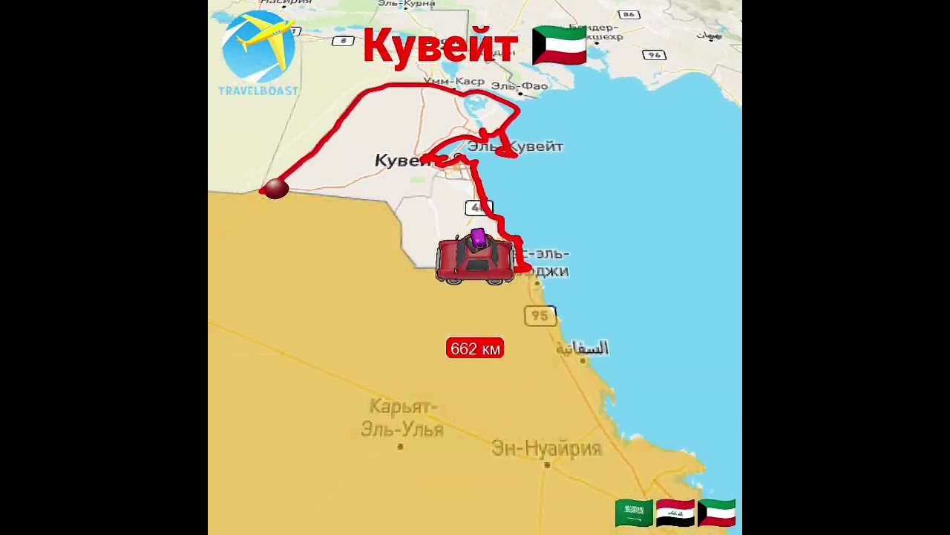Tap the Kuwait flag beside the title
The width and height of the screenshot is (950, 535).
click(x=560, y=46)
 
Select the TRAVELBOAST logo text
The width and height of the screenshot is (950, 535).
click(x=258, y=91)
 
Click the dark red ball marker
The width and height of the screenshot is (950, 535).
click(x=276, y=189)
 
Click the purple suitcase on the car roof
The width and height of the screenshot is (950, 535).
click(x=478, y=239)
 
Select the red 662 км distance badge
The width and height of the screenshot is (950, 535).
click(x=475, y=348)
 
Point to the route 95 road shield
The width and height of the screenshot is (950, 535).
click(x=540, y=316)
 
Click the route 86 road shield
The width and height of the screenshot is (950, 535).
click(x=629, y=14)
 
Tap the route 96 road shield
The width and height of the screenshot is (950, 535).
click(x=654, y=55)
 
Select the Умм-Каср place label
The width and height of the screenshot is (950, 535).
click(x=454, y=81)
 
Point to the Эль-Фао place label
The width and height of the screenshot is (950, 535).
click(x=520, y=86)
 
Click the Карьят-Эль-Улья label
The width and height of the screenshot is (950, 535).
click(x=402, y=418)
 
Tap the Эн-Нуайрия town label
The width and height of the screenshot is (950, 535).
click(x=546, y=448)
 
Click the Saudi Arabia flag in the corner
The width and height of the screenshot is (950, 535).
click(x=634, y=513)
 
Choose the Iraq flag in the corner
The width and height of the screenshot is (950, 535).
click(x=675, y=513)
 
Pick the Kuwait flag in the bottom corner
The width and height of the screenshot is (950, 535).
click(x=717, y=513)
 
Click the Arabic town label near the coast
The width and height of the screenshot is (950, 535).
click(x=583, y=348)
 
